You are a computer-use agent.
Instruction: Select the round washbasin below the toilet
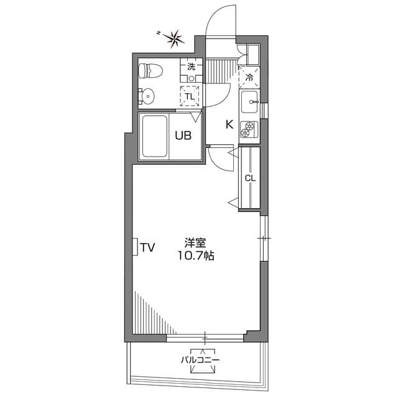(x=149, y=95)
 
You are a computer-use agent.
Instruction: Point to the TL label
(x=190, y=95)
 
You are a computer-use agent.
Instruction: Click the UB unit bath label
(x=183, y=134)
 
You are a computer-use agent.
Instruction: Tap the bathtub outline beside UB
(x=154, y=136)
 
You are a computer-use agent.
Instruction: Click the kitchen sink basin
(x=251, y=100)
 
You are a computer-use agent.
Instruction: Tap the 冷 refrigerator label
(x=249, y=78)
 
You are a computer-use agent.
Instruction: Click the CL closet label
(x=250, y=178)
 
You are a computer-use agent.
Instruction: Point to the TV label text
(x=147, y=248)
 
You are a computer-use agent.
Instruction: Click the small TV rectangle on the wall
(x=134, y=246)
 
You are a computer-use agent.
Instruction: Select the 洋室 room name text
(x=195, y=243)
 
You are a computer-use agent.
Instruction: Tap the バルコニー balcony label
(x=200, y=359)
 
